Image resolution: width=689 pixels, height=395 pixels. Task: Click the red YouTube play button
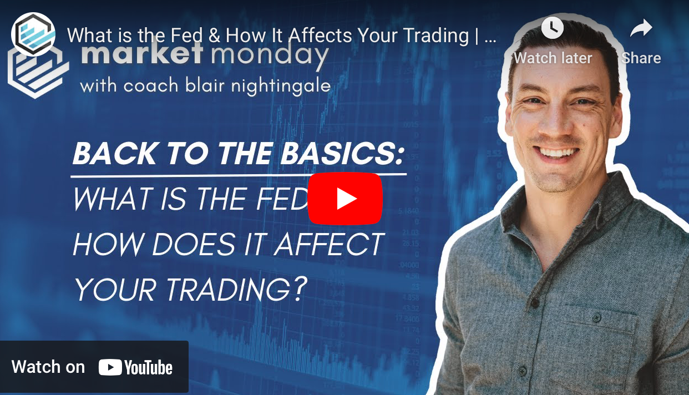pos(345,199)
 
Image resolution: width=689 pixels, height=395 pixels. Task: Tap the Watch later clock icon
pos(553,28)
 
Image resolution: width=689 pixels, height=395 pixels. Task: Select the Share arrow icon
pos(641,28)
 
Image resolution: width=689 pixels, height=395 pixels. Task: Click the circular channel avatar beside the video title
pos(33,34)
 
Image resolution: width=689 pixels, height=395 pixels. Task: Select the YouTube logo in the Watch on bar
pos(135,367)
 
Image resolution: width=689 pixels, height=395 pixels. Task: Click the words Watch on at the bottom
pos(48,367)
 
